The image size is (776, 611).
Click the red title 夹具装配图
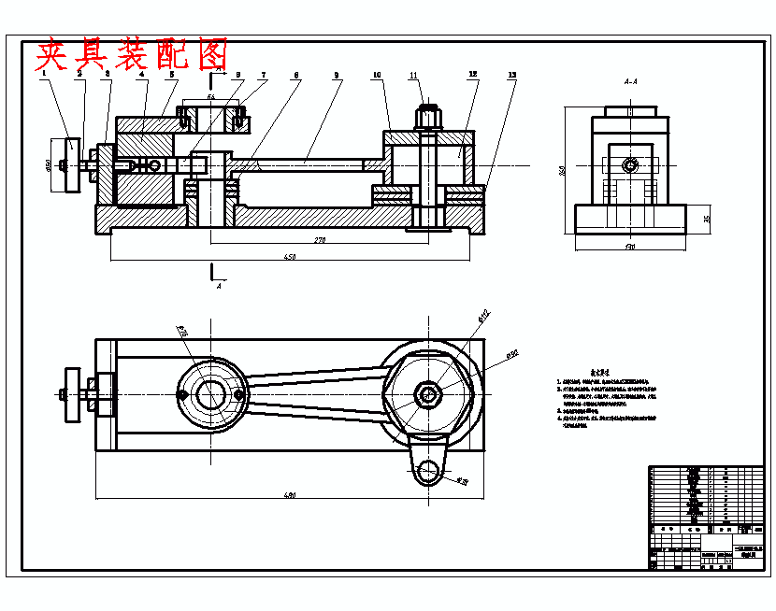click(x=132, y=54)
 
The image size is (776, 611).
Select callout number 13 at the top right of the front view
click(x=511, y=75)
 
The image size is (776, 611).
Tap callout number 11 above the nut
click(x=413, y=75)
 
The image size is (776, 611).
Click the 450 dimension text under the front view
click(x=291, y=257)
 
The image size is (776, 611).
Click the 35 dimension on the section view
click(x=707, y=219)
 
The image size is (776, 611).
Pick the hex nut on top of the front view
click(x=427, y=119)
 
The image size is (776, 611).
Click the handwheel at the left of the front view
click(x=71, y=165)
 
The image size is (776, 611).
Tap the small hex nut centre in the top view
click(x=429, y=393)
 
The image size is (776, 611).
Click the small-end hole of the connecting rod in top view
click(x=209, y=396)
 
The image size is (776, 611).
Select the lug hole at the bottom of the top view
click(x=429, y=471)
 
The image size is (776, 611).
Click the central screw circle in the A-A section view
click(x=630, y=166)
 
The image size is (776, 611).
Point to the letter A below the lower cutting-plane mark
click(x=219, y=287)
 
